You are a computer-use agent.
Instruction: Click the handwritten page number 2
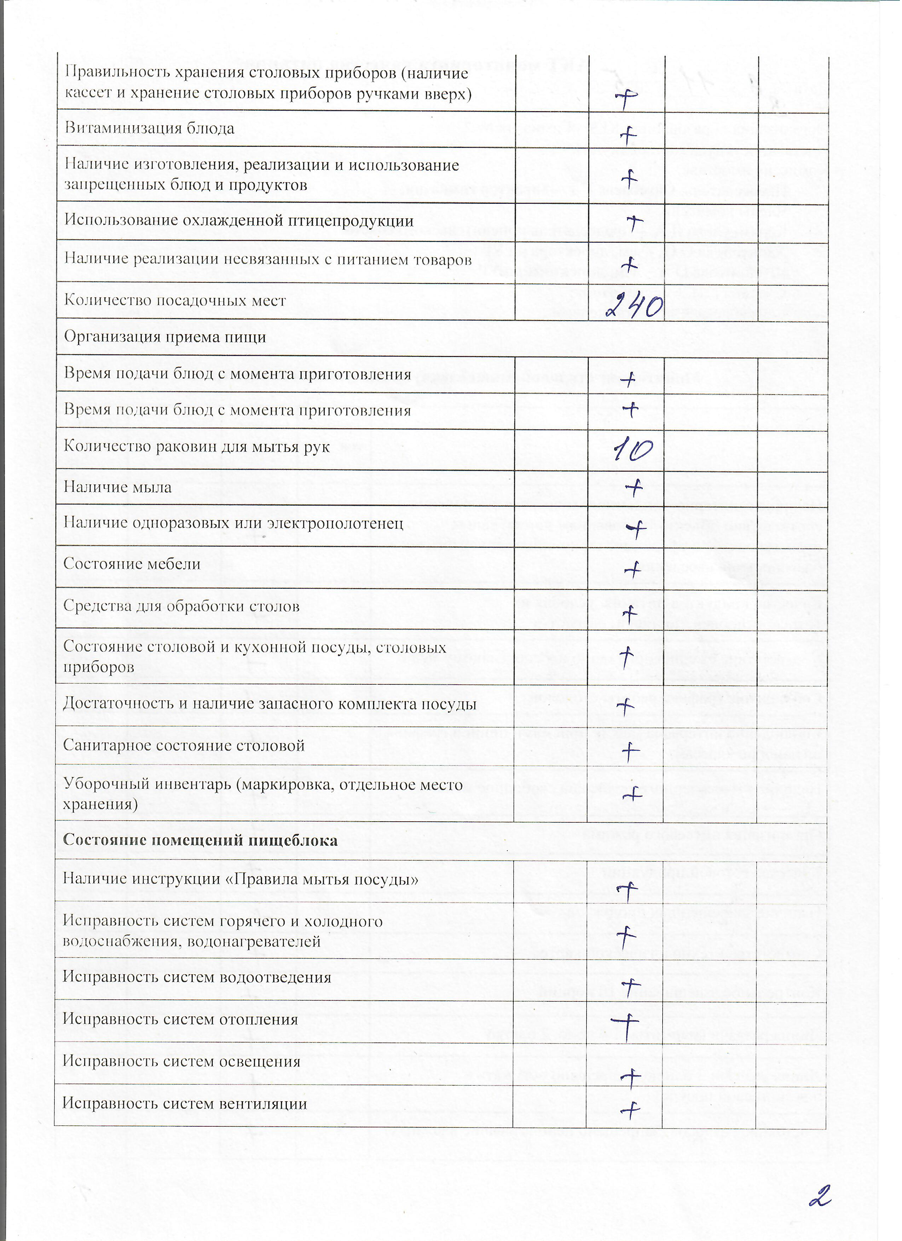click(821, 1196)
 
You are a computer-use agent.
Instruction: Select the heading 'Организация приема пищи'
click(165, 337)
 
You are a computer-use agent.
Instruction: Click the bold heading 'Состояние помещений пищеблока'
click(200, 840)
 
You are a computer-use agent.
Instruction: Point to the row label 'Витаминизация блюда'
click(149, 128)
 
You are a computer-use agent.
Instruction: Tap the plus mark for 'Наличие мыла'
click(634, 487)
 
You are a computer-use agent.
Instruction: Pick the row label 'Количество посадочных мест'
click(175, 300)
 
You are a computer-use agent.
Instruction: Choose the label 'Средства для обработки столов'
click(181, 606)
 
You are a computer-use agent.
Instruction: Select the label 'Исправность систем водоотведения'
click(197, 977)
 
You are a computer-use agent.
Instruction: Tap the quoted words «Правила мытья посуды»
click(322, 879)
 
